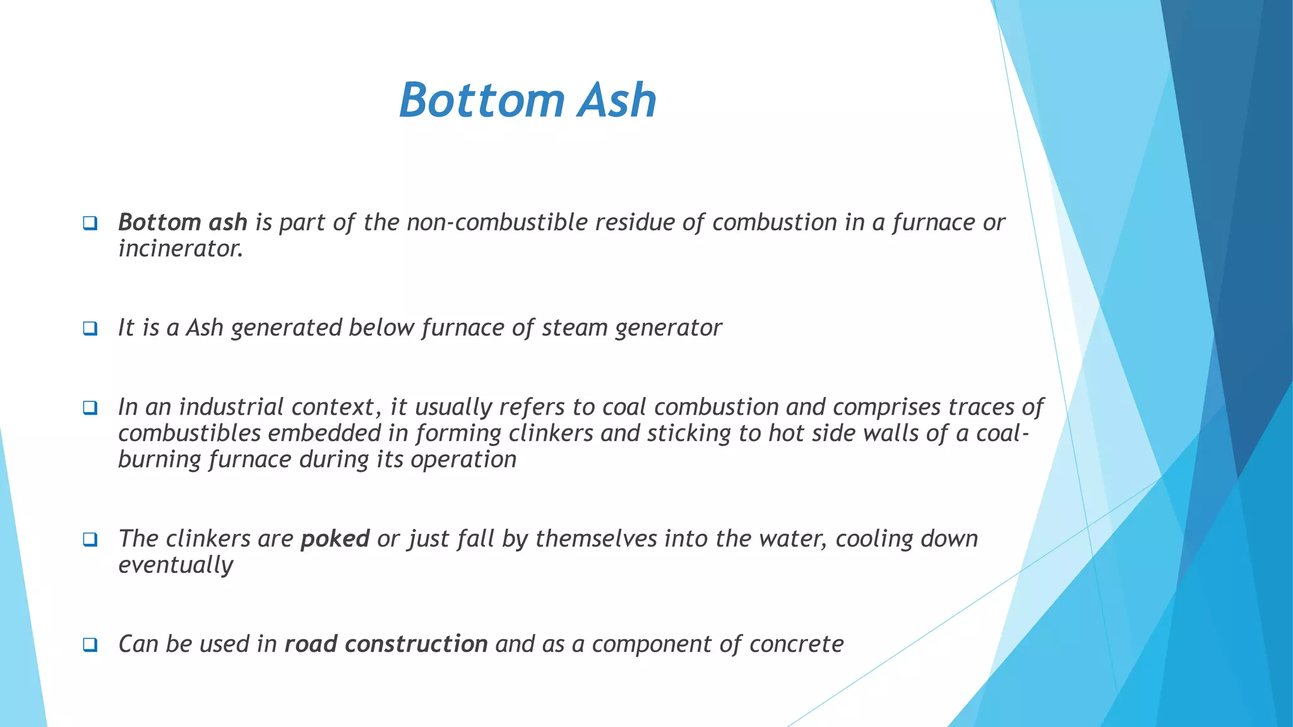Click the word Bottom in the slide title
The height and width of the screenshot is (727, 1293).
pos(481,100)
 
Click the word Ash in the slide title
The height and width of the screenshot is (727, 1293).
pos(617,100)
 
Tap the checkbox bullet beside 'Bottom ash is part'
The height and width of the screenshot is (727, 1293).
pos(90,223)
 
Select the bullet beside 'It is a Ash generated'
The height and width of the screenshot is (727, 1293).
pos(90,328)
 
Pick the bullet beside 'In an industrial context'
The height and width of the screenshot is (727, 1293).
pos(90,408)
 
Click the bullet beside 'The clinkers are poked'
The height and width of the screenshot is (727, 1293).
pos(90,540)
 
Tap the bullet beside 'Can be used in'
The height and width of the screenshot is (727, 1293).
pos(90,644)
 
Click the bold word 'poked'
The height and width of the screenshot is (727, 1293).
pos(335,539)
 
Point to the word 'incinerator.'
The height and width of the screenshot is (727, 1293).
pos(181,249)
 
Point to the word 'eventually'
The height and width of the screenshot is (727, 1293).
pos(176,565)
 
